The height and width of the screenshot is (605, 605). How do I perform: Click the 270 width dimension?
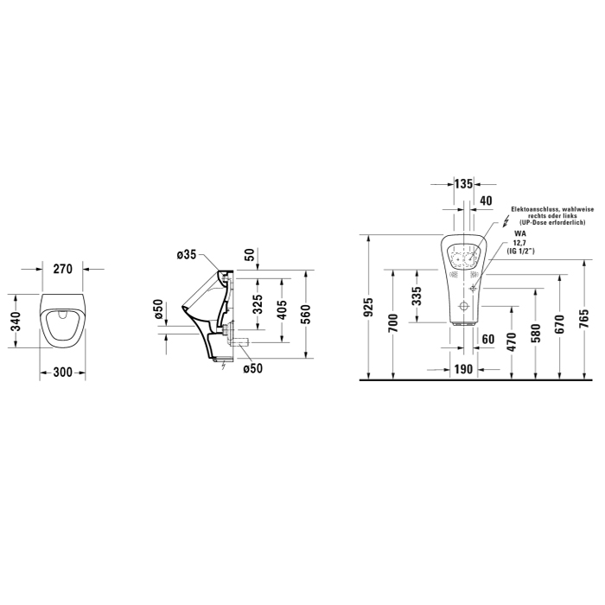click(62, 269)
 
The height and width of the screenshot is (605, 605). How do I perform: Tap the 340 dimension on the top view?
click(16, 322)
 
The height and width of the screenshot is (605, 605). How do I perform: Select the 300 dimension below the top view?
click(62, 373)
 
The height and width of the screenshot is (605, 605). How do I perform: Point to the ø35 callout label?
click(187, 255)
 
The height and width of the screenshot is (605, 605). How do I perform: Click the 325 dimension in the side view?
click(258, 303)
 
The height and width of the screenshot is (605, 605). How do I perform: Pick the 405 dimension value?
click(283, 309)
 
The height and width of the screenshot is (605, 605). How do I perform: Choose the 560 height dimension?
click(305, 314)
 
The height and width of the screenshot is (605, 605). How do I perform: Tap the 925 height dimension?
click(369, 307)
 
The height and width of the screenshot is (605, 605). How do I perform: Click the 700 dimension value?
click(392, 323)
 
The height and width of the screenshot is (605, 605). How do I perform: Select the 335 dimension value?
click(417, 296)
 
